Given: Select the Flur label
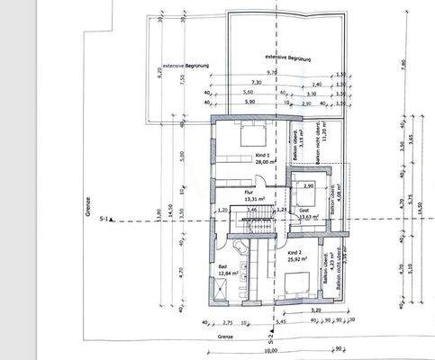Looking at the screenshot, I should (x=249, y=192).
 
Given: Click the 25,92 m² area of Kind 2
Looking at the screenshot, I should (x=298, y=261).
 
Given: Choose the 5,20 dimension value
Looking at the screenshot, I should (x=312, y=310).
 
